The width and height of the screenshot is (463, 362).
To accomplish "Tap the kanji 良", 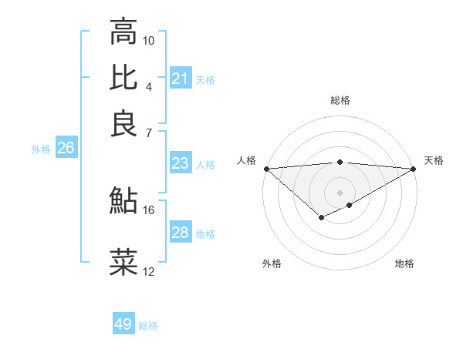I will (123, 123).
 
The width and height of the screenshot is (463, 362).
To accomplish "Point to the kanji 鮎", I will (123, 200).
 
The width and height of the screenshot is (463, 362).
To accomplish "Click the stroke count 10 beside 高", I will (149, 40).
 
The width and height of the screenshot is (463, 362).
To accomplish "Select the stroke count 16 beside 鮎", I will (149, 209).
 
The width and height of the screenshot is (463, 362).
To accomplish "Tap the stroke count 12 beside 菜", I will (149, 271).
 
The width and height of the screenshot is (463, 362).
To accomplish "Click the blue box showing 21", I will (180, 79).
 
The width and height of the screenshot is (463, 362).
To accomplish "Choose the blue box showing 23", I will (180, 163).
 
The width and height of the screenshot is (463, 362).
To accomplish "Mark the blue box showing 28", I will (180, 233).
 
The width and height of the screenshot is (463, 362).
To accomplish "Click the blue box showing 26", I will (66, 149).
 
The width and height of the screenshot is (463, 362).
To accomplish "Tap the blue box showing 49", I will (123, 324).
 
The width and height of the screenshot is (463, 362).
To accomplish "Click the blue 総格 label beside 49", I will (149, 326).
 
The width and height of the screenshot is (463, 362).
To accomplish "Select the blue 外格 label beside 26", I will (41, 150).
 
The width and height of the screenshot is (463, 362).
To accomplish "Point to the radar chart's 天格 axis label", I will (434, 160).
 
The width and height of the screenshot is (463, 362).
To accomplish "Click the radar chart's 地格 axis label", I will (404, 263).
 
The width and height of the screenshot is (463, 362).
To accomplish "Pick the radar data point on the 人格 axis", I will (266, 169).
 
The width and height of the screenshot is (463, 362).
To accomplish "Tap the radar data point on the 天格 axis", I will (414, 169).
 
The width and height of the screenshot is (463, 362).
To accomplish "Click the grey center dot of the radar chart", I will (340, 192).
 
